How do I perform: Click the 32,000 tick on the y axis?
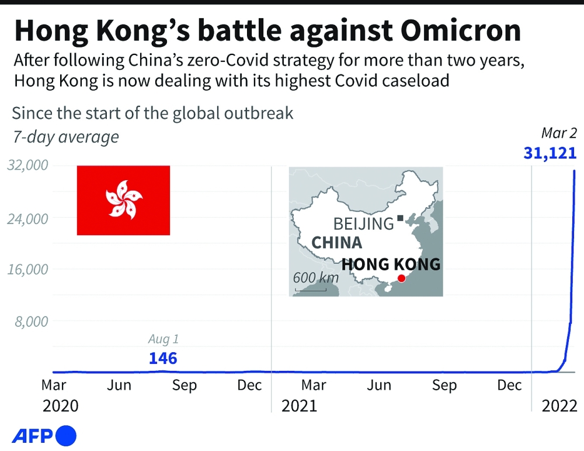tap(27, 166)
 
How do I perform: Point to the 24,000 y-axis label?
tap(27, 218)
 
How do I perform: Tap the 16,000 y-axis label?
tap(27, 270)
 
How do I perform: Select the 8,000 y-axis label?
tap(30, 321)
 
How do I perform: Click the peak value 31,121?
tap(550, 154)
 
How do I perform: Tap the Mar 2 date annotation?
tap(558, 133)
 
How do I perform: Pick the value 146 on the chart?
tap(163, 358)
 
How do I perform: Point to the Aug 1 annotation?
tap(163, 339)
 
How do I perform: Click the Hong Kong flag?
tap(123, 200)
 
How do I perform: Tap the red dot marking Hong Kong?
tap(401, 278)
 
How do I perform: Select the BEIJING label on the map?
tap(363, 223)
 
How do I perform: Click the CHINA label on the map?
tap(336, 243)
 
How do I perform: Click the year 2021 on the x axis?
tap(299, 405)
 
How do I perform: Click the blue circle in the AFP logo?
tap(66, 436)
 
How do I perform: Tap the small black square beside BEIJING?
tap(400, 219)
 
